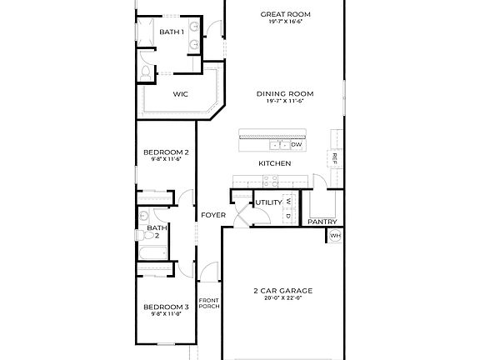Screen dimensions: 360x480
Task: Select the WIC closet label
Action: (x=180, y=94)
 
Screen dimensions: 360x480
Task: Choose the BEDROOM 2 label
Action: (x=166, y=152)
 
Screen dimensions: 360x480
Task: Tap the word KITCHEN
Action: (x=274, y=163)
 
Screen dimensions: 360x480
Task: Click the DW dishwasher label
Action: (x=296, y=145)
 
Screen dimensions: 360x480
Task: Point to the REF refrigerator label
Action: (x=334, y=157)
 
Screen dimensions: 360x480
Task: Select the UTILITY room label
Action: (x=268, y=202)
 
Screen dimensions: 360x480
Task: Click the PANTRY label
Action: (x=322, y=222)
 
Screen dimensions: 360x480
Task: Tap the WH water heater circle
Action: (x=335, y=236)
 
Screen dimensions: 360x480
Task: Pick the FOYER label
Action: (x=208, y=215)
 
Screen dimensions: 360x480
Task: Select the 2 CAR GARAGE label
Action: (x=282, y=291)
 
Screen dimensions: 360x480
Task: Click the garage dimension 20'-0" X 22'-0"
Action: (x=282, y=298)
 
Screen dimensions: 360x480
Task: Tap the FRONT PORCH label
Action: (x=208, y=303)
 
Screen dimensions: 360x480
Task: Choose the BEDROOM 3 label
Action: (x=166, y=307)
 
